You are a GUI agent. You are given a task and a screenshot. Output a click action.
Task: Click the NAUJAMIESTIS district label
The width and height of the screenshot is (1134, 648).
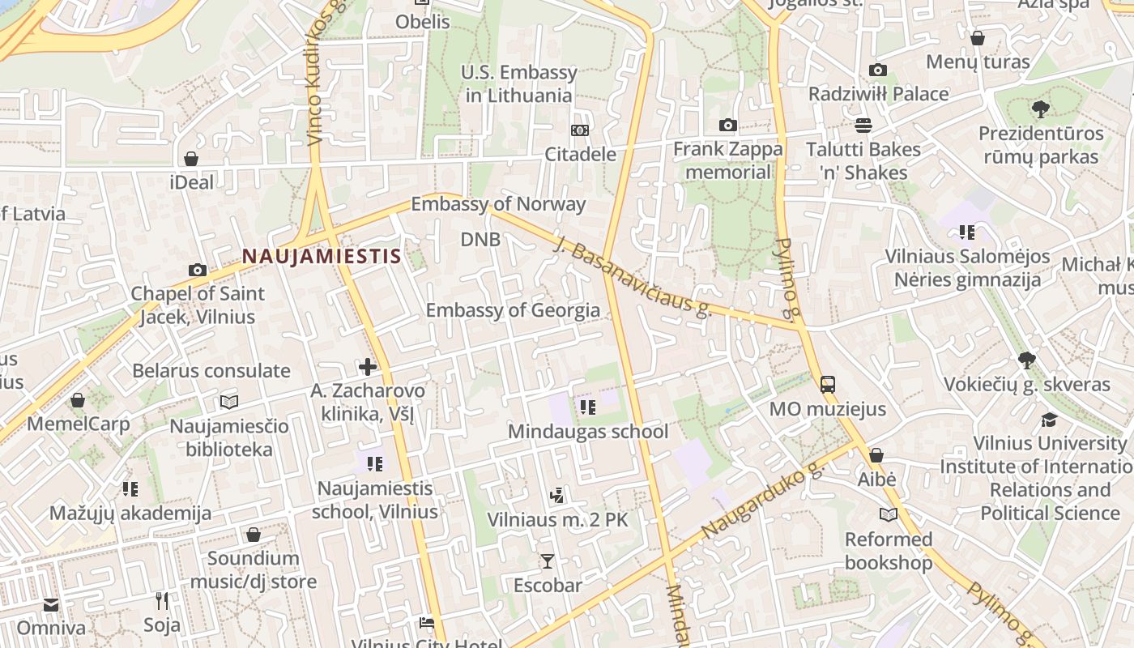click(x=322, y=257)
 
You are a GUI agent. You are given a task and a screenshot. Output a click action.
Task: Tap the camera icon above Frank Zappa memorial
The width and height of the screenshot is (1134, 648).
click(x=728, y=125)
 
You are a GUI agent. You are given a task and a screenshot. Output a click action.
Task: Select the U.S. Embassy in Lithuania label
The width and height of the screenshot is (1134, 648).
click(x=519, y=83)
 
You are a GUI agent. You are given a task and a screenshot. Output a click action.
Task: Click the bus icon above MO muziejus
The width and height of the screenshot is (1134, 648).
click(x=828, y=385)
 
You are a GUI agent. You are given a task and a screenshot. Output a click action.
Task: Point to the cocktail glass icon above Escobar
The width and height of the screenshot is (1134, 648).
click(x=548, y=561)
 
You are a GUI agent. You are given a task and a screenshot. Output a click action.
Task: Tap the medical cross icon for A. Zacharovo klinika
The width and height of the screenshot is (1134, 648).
click(x=368, y=367)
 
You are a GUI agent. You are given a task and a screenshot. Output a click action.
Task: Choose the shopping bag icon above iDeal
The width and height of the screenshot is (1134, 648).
click(x=191, y=159)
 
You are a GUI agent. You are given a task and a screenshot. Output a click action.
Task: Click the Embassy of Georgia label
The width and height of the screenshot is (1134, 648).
click(x=513, y=310)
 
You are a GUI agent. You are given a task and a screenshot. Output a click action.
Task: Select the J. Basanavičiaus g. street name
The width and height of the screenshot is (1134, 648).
click(x=632, y=275)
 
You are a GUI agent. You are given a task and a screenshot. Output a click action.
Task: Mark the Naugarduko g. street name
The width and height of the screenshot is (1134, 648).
click(x=761, y=501)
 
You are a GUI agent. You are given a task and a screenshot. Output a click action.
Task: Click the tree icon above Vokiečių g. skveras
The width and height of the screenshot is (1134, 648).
click(x=1027, y=360)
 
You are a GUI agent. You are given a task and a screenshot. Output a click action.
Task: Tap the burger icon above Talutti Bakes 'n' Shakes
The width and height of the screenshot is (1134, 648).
click(x=863, y=126)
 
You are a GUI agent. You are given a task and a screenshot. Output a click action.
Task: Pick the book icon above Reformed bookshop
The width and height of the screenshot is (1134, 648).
click(x=889, y=515)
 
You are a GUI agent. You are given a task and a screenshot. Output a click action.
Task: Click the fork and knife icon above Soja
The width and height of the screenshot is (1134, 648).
click(x=162, y=601)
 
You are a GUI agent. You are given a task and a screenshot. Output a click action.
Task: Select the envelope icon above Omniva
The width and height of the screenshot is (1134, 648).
click(x=51, y=605)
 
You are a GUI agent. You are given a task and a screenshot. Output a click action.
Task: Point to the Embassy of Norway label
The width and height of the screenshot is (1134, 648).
click(x=498, y=204)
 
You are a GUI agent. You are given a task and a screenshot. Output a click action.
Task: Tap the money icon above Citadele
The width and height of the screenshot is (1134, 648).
click(x=580, y=130)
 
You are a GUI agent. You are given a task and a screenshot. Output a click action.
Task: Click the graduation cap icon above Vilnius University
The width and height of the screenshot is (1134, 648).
click(x=1050, y=420)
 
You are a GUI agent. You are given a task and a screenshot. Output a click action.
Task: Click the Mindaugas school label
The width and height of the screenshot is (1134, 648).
click(x=588, y=432)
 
